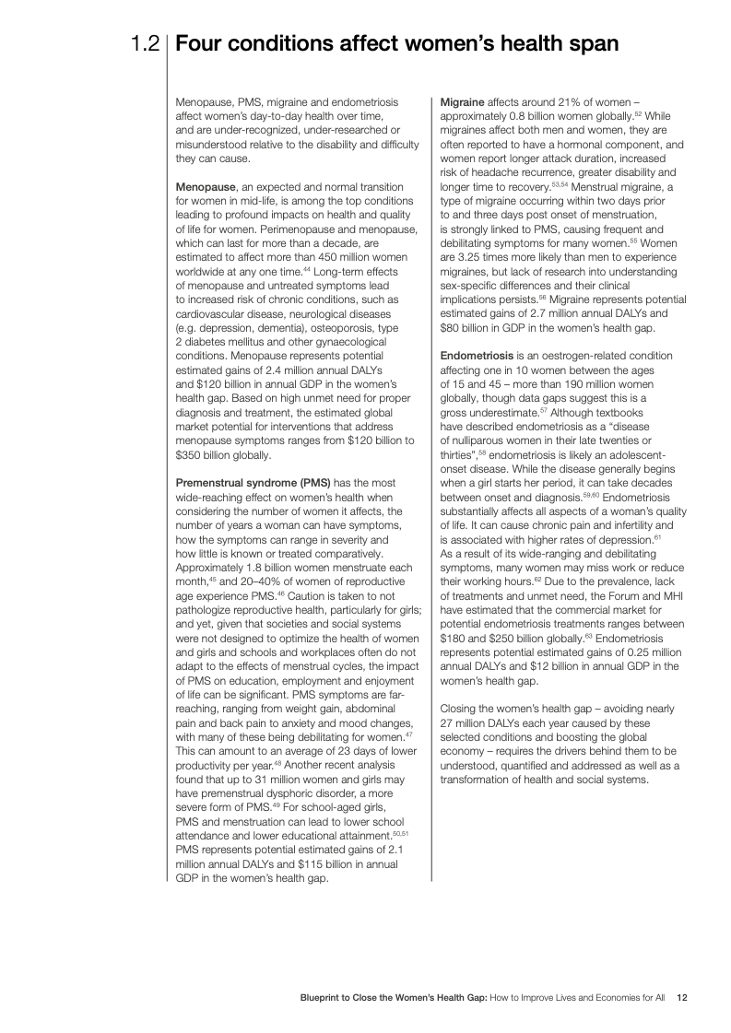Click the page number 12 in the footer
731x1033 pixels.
click(683, 996)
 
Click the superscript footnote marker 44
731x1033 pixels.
click(306, 271)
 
